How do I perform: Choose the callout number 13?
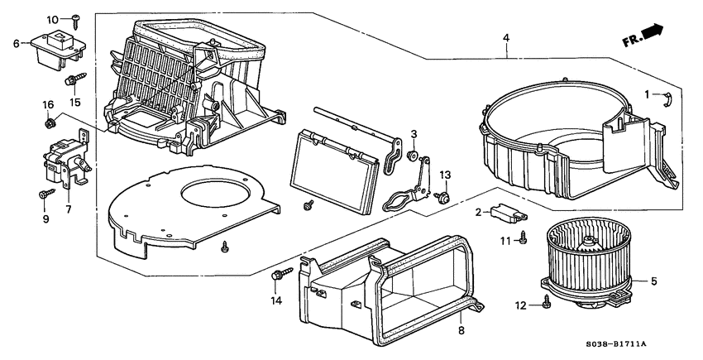[x=445, y=175]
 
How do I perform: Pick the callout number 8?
[x=461, y=330]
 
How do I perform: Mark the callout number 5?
[x=653, y=282]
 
